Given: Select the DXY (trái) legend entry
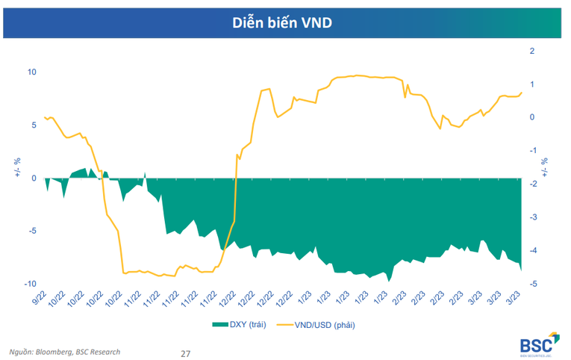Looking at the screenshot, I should pyautogui.click(x=238, y=324).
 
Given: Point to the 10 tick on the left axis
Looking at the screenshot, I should pyautogui.click(x=32, y=72).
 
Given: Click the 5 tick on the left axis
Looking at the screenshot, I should pyautogui.click(x=34, y=125).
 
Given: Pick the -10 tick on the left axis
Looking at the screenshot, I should pyautogui.click(x=31, y=284).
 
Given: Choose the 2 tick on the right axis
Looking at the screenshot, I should pyautogui.click(x=531, y=51).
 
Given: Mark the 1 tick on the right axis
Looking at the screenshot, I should pyautogui.click(x=531, y=84).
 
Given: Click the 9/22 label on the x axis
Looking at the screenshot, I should pyautogui.click(x=39, y=297).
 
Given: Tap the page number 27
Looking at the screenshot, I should pyautogui.click(x=186, y=352).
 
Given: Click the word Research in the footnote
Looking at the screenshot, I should pyautogui.click(x=104, y=351).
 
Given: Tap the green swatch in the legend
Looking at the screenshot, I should pyautogui.click(x=219, y=324).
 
